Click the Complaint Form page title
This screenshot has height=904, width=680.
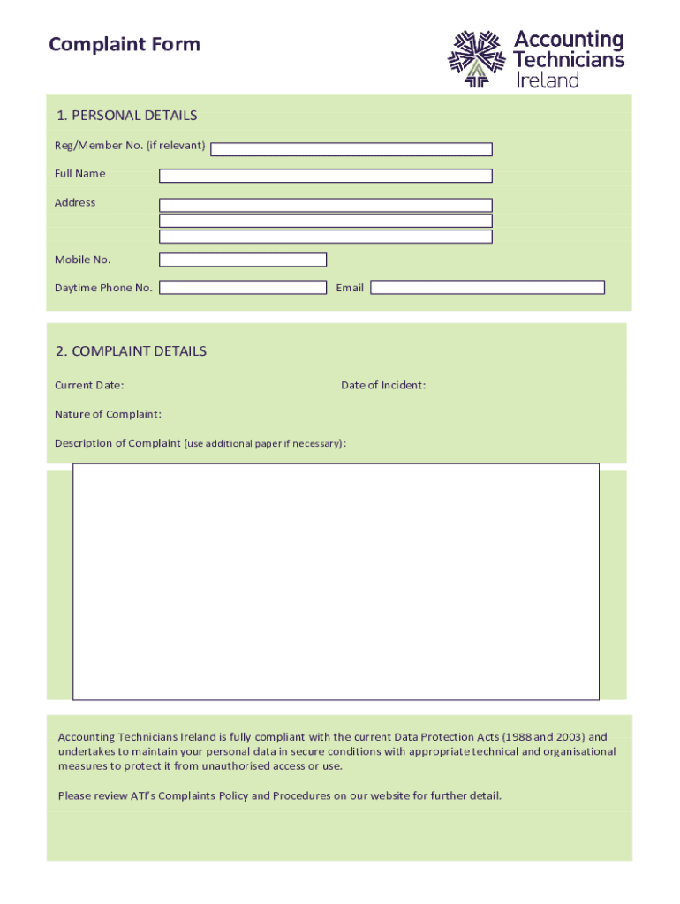(x=125, y=44)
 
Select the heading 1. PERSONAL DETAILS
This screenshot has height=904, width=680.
(x=126, y=116)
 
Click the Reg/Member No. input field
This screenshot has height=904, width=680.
(x=351, y=149)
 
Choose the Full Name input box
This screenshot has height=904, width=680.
(x=325, y=176)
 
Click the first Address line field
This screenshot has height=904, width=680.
(x=325, y=205)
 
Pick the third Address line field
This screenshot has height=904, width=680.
(x=325, y=237)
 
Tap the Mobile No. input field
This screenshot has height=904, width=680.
(x=242, y=260)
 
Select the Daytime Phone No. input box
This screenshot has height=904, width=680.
(x=242, y=288)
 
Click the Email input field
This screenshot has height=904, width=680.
(x=487, y=288)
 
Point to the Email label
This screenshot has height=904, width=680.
(x=350, y=288)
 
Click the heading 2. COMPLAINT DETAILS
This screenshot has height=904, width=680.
(x=131, y=351)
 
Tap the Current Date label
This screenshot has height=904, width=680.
(x=89, y=385)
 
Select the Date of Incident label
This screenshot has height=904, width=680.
(x=383, y=385)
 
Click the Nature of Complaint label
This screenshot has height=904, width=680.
(x=108, y=414)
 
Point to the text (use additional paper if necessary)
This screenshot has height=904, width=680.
(x=265, y=443)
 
